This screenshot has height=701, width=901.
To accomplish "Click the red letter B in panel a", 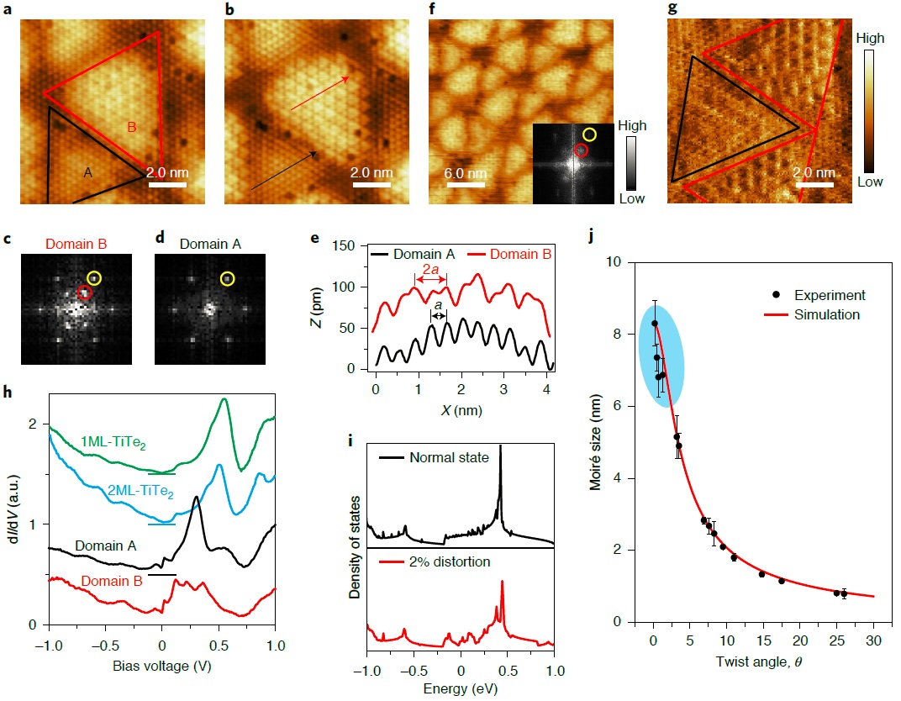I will click(131, 128).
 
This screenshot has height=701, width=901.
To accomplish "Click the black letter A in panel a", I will click(88, 171).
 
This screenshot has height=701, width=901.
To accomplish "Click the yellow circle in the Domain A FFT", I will click(227, 278).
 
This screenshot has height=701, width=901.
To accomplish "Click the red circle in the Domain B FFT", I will click(83, 292).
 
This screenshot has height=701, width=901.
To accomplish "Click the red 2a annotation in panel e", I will click(429, 270).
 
